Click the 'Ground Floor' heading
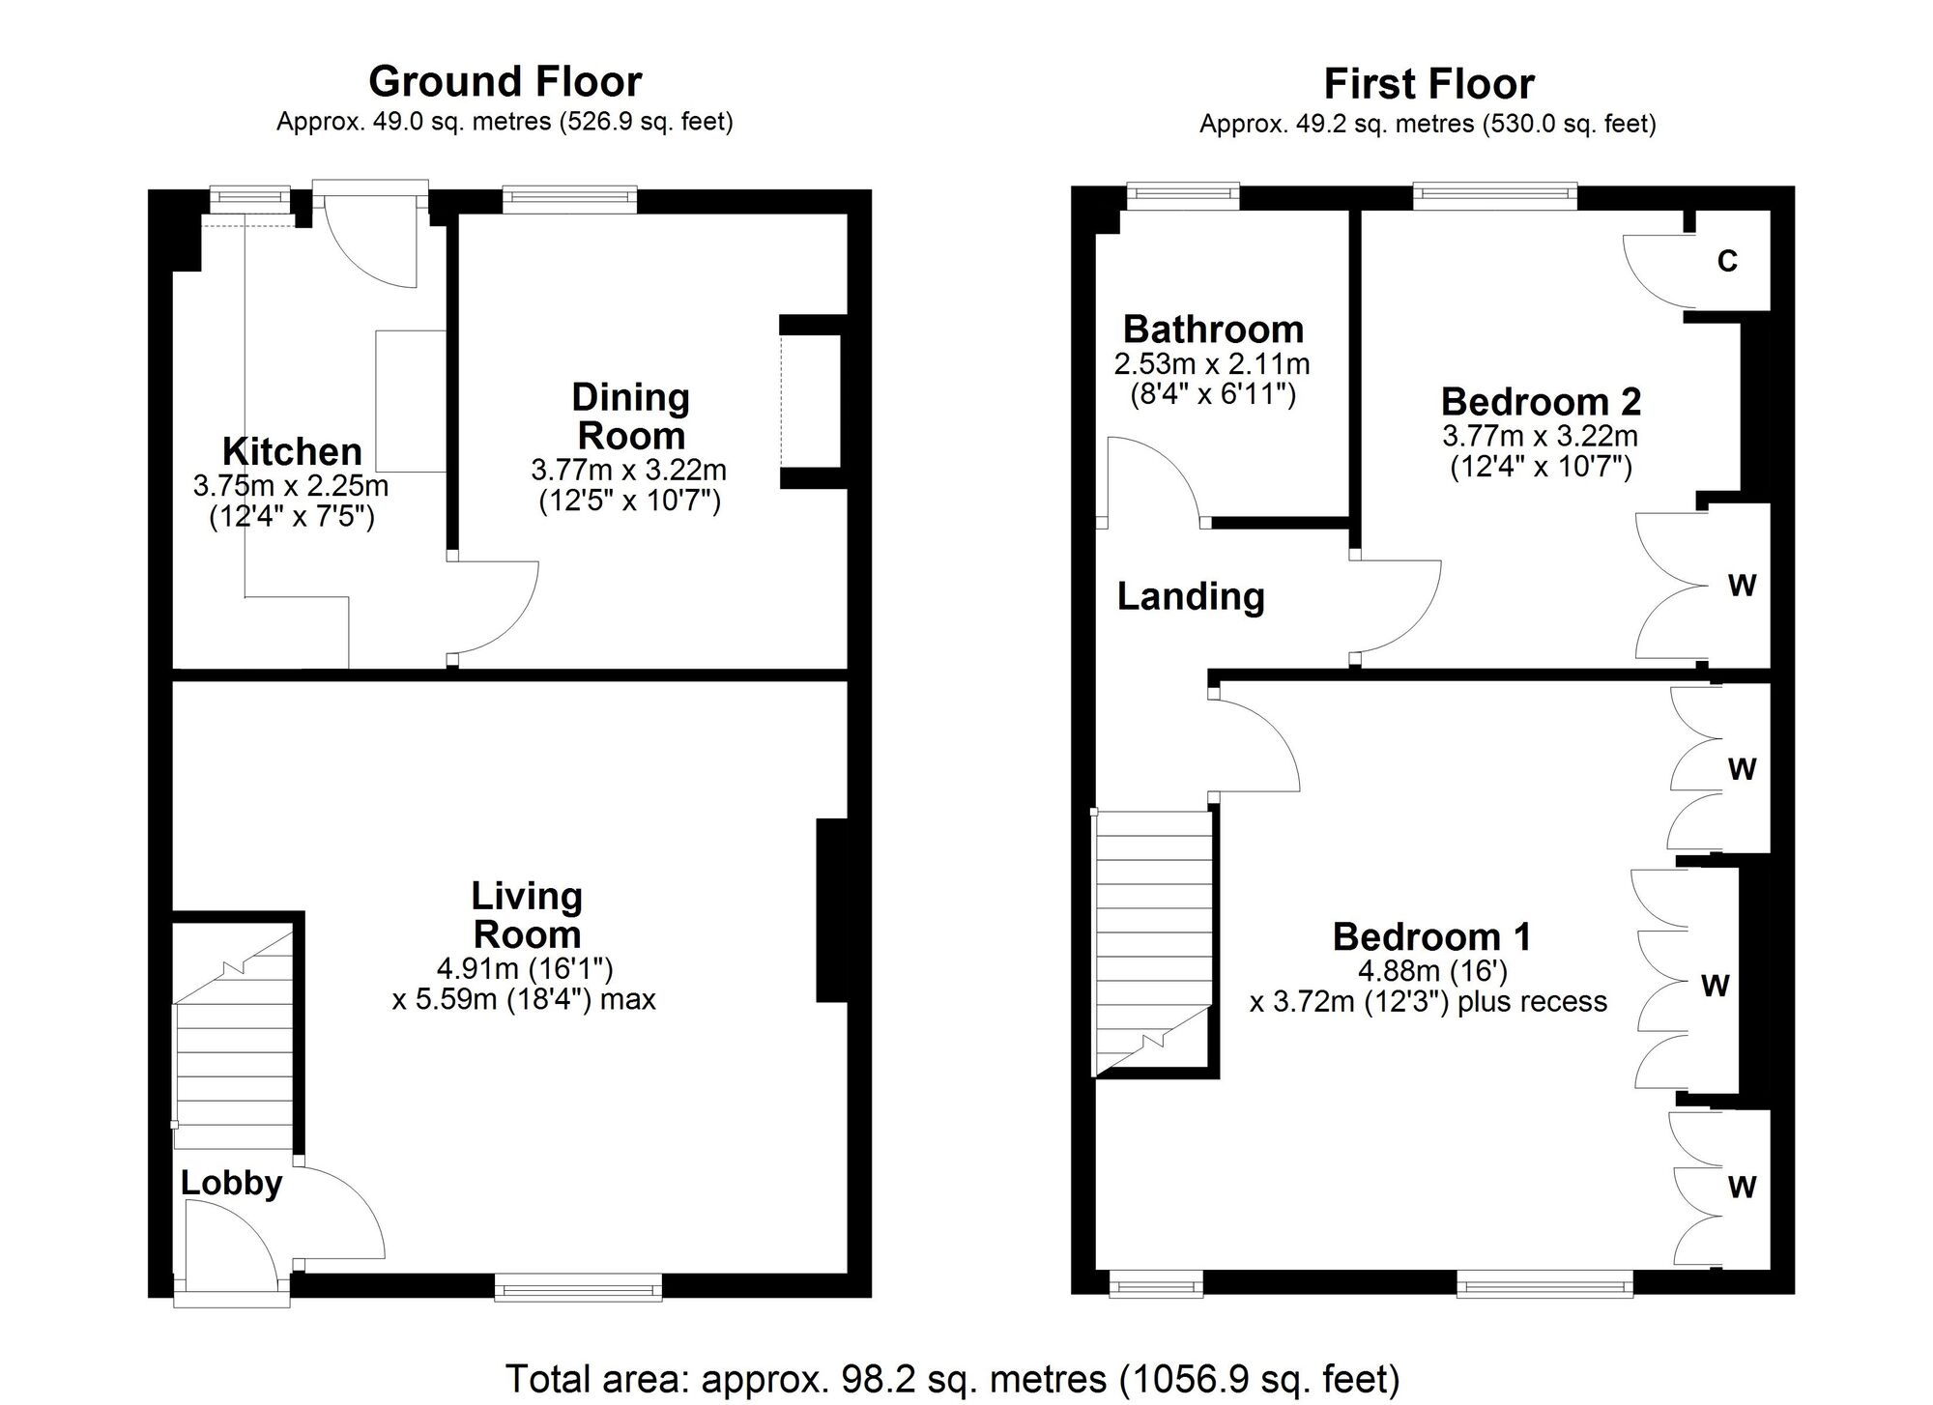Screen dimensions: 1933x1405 pyautogui.click(x=505, y=82)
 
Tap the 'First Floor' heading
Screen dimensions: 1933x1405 pyautogui.click(x=1428, y=84)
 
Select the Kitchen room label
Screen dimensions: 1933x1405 pyautogui.click(x=292, y=451)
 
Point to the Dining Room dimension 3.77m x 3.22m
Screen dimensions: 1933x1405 pyautogui.click(x=629, y=471)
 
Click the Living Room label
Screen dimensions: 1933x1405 pyautogui.click(x=527, y=915)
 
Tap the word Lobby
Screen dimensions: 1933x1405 pyautogui.click(x=231, y=1183)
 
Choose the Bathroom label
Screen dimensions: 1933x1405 pyautogui.click(x=1213, y=330)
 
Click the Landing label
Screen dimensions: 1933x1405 pyautogui.click(x=1191, y=596)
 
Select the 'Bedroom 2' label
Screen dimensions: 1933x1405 pyautogui.click(x=1541, y=401)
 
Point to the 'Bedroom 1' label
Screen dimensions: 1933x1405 pyautogui.click(x=1431, y=936)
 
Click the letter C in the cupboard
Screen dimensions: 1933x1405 pyautogui.click(x=1727, y=261)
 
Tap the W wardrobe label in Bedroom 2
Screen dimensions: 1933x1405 pyautogui.click(x=1742, y=586)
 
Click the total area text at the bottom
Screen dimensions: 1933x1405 pyautogui.click(x=952, y=1378)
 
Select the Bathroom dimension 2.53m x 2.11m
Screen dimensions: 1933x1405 pyautogui.click(x=1212, y=364)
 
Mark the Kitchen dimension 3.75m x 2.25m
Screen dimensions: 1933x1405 pyautogui.click(x=291, y=485)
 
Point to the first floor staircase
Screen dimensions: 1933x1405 pyautogui.click(x=1152, y=943)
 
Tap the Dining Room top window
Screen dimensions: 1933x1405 pyautogui.click(x=569, y=199)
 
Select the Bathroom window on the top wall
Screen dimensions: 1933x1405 pyautogui.click(x=1183, y=196)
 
